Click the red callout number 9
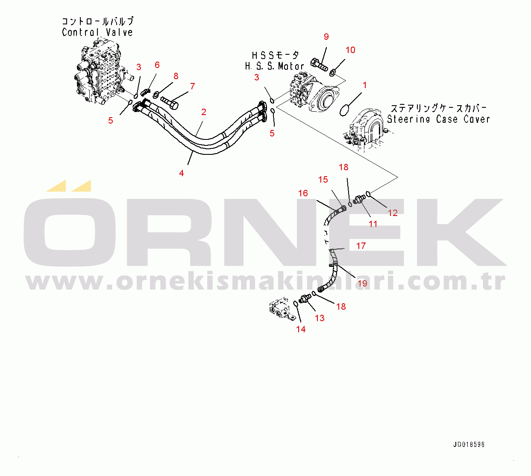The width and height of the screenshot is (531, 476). [x=326, y=37]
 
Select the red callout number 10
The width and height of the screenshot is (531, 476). [x=350, y=50]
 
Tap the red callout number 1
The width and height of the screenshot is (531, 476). [x=364, y=85]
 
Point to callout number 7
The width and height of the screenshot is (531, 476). [x=193, y=86]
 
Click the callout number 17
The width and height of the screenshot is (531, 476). [x=361, y=246]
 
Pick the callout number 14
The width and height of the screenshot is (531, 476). [x=301, y=329]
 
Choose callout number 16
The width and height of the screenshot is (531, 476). [x=303, y=193]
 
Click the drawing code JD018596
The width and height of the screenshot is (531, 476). [x=469, y=444]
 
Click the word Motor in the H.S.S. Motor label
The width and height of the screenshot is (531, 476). [x=291, y=66]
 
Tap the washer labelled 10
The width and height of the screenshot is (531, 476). [x=332, y=72]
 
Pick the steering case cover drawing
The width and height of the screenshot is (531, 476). [x=367, y=131]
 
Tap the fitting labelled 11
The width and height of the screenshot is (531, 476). [x=359, y=200]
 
